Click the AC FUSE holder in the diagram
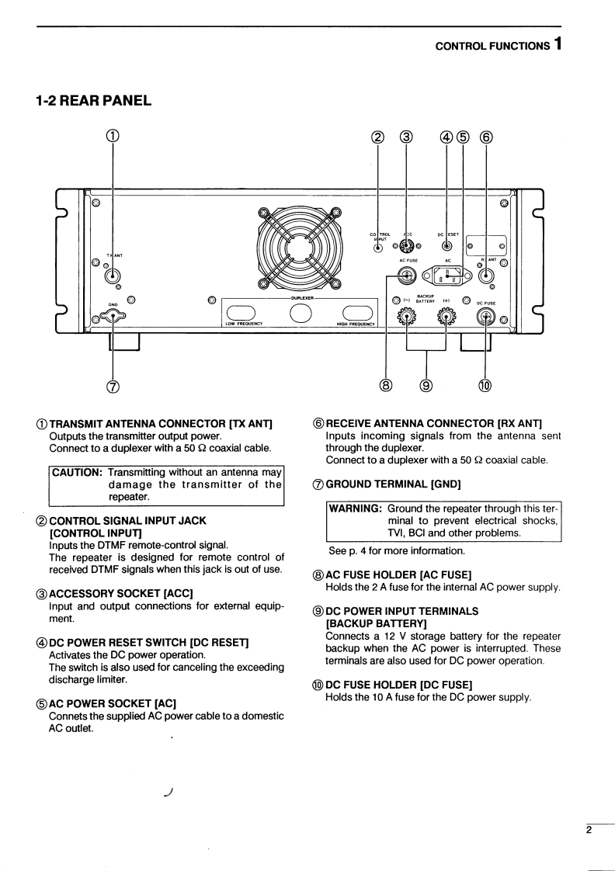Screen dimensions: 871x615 point(405,275)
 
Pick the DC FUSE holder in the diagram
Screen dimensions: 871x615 point(486,317)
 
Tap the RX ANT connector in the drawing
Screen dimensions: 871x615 point(487,275)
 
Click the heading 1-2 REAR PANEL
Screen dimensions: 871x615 point(93,100)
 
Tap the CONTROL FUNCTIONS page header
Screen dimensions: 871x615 point(492,46)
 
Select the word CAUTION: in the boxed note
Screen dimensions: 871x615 point(78,472)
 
